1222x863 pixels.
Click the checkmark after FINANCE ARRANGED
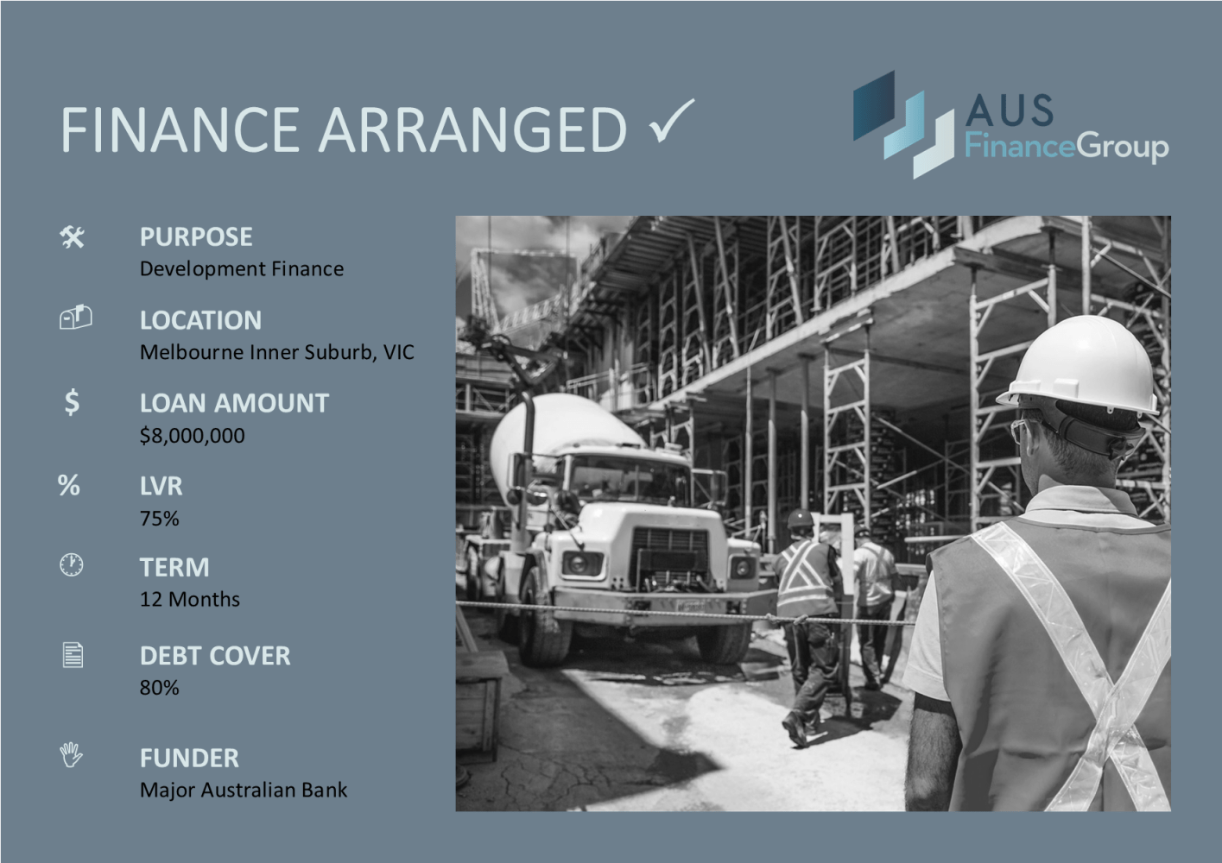(x=671, y=122)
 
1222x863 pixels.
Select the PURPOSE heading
(x=196, y=236)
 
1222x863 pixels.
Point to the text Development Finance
(x=242, y=269)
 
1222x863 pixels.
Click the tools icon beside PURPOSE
(x=73, y=236)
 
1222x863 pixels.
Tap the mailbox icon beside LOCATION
(x=75, y=318)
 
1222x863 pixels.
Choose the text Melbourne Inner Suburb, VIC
(x=276, y=352)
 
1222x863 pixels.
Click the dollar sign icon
(x=72, y=402)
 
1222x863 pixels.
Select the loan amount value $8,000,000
(x=192, y=436)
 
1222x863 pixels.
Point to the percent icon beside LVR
(x=69, y=485)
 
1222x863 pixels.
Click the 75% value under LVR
(x=160, y=519)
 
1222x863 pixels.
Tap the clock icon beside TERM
(x=72, y=565)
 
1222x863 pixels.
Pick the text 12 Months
(x=190, y=599)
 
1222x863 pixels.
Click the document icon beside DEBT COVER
(x=73, y=655)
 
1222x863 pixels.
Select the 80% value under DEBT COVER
(x=160, y=688)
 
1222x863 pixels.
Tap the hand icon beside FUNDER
(x=72, y=756)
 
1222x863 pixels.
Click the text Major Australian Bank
(x=244, y=790)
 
